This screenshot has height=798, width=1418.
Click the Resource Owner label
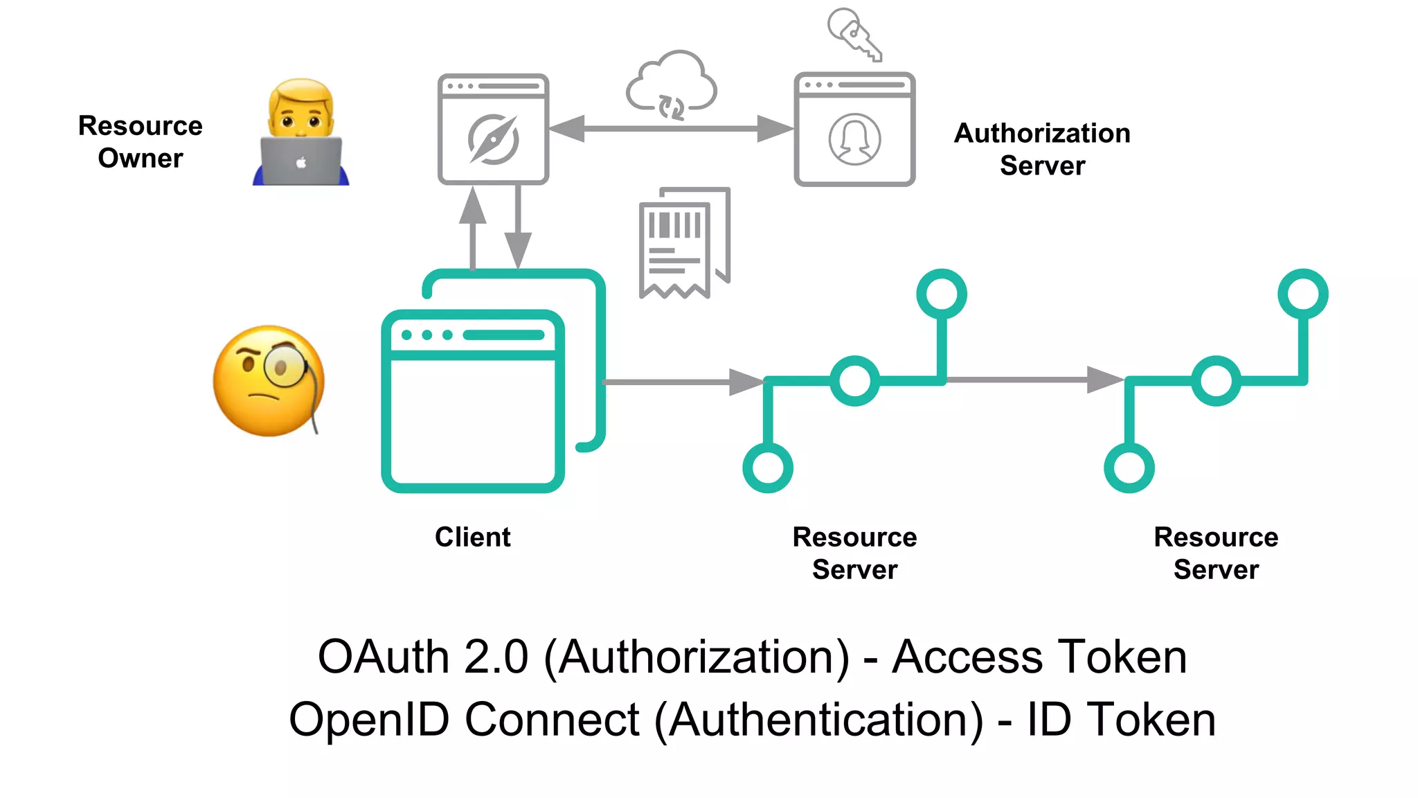(x=141, y=142)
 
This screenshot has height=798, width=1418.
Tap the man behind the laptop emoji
(x=300, y=132)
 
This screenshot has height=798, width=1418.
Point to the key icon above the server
(x=854, y=33)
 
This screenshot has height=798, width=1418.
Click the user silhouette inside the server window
(x=854, y=139)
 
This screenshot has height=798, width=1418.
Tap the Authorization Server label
(x=1042, y=149)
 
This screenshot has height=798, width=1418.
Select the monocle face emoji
(x=269, y=381)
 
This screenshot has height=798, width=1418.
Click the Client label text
(x=472, y=537)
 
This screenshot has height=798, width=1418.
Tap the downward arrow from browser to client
(x=518, y=229)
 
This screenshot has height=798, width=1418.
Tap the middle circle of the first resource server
(x=854, y=380)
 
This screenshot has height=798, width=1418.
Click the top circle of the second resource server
(x=1302, y=294)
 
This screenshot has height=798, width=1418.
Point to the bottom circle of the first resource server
(x=768, y=468)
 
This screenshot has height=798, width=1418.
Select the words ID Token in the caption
(x=1121, y=719)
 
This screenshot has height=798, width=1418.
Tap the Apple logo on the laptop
(x=301, y=163)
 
